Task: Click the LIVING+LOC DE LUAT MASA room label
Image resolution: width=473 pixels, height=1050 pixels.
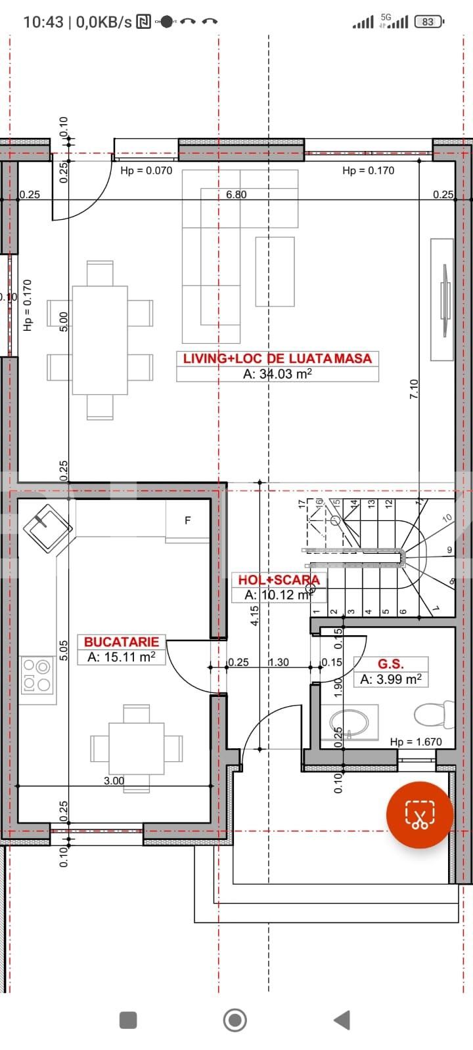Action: [277, 358]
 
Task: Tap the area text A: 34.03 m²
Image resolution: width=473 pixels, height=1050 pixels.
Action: [277, 374]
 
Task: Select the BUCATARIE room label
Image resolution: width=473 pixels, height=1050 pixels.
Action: [122, 642]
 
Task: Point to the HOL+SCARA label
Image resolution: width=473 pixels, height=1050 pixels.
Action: [279, 579]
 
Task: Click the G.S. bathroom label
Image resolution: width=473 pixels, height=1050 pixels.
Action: [390, 664]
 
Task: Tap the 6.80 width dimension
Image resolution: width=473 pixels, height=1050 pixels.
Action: [236, 194]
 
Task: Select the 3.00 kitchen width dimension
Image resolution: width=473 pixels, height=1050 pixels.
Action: [114, 781]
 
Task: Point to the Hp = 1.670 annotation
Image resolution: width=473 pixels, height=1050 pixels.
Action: [416, 742]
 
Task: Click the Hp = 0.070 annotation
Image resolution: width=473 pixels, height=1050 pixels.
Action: [146, 171]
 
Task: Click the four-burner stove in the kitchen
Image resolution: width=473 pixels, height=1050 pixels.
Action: [37, 675]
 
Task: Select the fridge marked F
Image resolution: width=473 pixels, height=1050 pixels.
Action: [188, 520]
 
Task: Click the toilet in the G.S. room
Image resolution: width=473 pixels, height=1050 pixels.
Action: [436, 714]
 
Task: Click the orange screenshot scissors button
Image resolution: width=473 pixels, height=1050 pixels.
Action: [419, 815]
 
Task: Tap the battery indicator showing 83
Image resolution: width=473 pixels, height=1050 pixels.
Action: [428, 22]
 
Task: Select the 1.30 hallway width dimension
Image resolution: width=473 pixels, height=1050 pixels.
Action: [279, 662]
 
